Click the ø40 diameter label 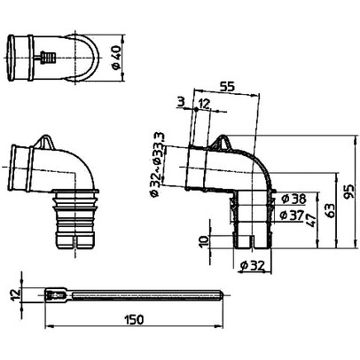(116, 58)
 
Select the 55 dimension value (228, 87)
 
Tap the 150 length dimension (134, 319)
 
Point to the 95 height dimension (349, 192)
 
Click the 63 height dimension (331, 210)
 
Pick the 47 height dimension (311, 220)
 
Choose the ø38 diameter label (293, 199)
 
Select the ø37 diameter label (292, 215)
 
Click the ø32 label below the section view (252, 266)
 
